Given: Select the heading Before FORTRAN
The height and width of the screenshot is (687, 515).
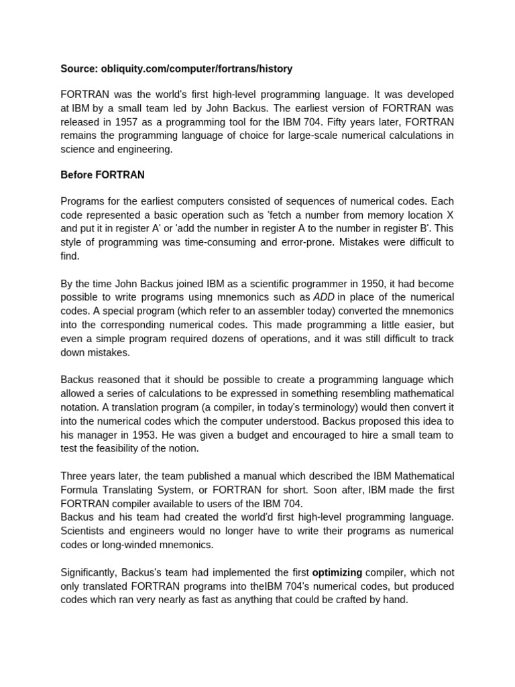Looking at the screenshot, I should tap(102, 175).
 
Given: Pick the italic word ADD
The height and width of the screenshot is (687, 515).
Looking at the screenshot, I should tap(325, 297).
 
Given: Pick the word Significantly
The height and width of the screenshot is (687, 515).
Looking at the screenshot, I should tap(91, 572).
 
